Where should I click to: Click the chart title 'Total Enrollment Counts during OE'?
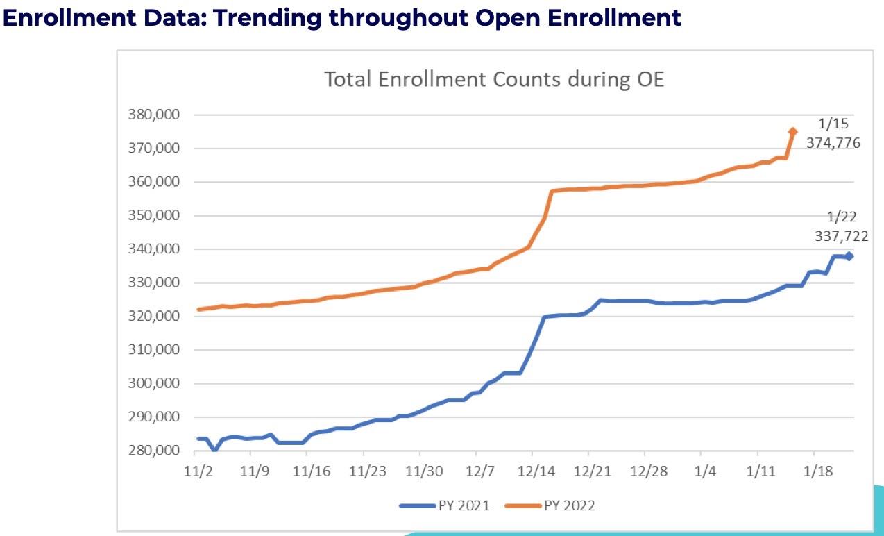point(494,79)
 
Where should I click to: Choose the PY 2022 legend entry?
point(550,505)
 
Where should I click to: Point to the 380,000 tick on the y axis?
point(155,115)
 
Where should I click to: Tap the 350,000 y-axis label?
point(155,215)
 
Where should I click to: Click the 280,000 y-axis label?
point(155,451)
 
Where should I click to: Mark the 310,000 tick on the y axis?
point(155,350)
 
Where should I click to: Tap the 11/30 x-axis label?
point(423,470)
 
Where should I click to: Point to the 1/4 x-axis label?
point(705,470)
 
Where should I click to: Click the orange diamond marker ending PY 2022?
point(793,131)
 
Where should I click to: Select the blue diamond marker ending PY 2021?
point(849,256)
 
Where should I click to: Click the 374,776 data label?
point(833,143)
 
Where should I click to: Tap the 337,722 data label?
point(842,236)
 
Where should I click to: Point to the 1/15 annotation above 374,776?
point(833,124)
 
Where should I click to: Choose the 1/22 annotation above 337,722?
point(842,217)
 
